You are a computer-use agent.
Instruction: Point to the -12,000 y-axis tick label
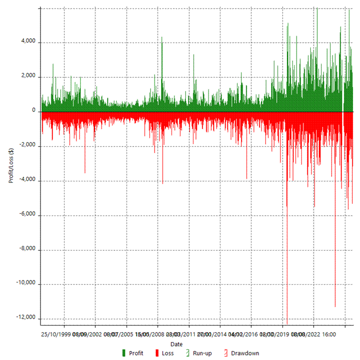click(x=26, y=318)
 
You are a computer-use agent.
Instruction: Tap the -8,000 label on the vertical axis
click(x=27, y=249)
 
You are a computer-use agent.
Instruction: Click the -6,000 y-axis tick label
click(x=27, y=214)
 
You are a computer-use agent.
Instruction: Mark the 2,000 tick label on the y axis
click(x=28, y=77)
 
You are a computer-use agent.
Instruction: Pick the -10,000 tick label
click(x=26, y=284)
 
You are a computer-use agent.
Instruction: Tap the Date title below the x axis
click(x=176, y=344)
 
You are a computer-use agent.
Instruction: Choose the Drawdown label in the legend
click(x=245, y=353)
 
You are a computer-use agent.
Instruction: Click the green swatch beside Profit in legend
click(x=123, y=353)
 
